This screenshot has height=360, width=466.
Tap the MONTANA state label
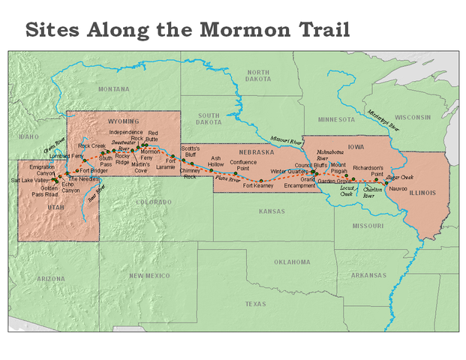pyautogui.click(x=113, y=88)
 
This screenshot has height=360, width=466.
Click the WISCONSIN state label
pyautogui.click(x=413, y=117)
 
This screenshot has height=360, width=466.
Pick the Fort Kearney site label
pyautogui.click(x=258, y=185)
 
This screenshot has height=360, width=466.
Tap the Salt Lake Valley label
pyautogui.click(x=30, y=181)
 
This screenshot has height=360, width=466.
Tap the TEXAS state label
pyautogui.click(x=255, y=304)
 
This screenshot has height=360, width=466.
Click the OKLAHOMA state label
pyautogui.click(x=291, y=262)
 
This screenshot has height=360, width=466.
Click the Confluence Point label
pyautogui.click(x=244, y=165)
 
